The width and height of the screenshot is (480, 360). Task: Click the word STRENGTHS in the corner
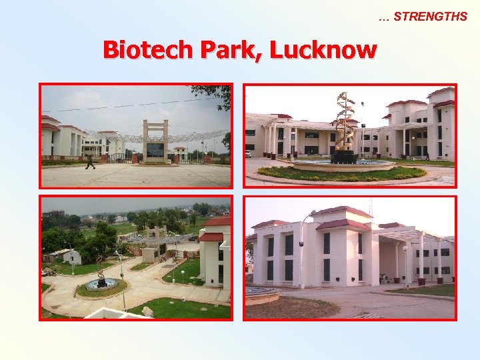coord(430,17)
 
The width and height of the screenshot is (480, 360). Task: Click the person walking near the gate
coord(90,162)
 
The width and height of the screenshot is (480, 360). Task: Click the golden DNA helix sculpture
coord(345,127)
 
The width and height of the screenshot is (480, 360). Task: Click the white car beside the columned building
coord(248,154)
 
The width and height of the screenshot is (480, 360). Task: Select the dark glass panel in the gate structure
coord(155,150)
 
